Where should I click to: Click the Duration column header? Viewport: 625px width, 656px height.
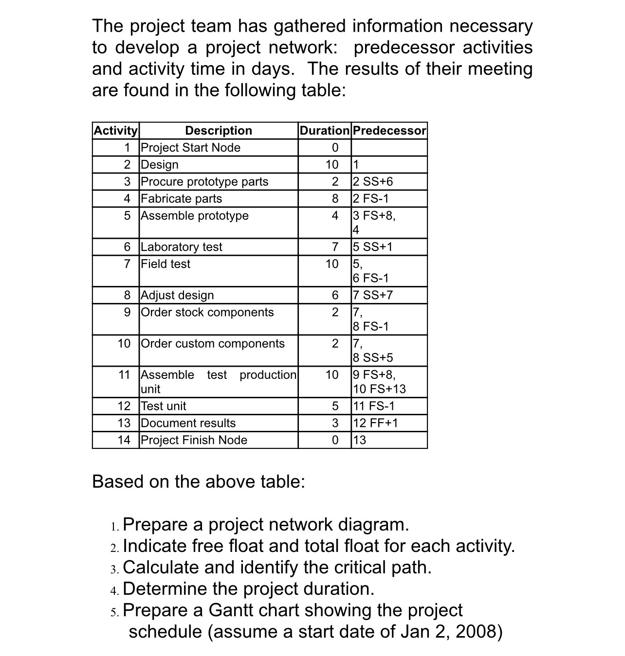coord(324,130)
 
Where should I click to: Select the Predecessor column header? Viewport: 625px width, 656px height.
coord(389,130)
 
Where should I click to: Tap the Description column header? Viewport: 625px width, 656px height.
coord(219,130)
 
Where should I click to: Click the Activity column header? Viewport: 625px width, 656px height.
coord(116,130)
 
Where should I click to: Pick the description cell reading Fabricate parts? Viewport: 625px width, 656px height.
coord(181,198)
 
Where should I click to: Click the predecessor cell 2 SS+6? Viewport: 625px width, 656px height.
coord(372,181)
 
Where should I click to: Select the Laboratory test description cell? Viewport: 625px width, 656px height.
coord(181,247)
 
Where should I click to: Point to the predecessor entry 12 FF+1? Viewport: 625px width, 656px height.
coord(375,423)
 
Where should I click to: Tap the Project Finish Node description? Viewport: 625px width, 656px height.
coord(194,440)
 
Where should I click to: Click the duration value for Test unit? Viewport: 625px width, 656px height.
coord(334,406)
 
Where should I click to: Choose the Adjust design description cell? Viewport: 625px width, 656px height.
coord(177,295)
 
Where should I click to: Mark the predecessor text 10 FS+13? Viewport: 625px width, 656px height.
coord(379,389)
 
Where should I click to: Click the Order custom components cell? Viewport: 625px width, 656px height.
coord(213,343)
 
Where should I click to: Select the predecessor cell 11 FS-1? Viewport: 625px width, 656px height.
coord(373,406)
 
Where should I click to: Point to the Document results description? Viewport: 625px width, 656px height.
coord(188,423)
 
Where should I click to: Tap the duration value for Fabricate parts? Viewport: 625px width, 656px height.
coord(334,198)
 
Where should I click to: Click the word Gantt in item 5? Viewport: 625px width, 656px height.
coord(231,610)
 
